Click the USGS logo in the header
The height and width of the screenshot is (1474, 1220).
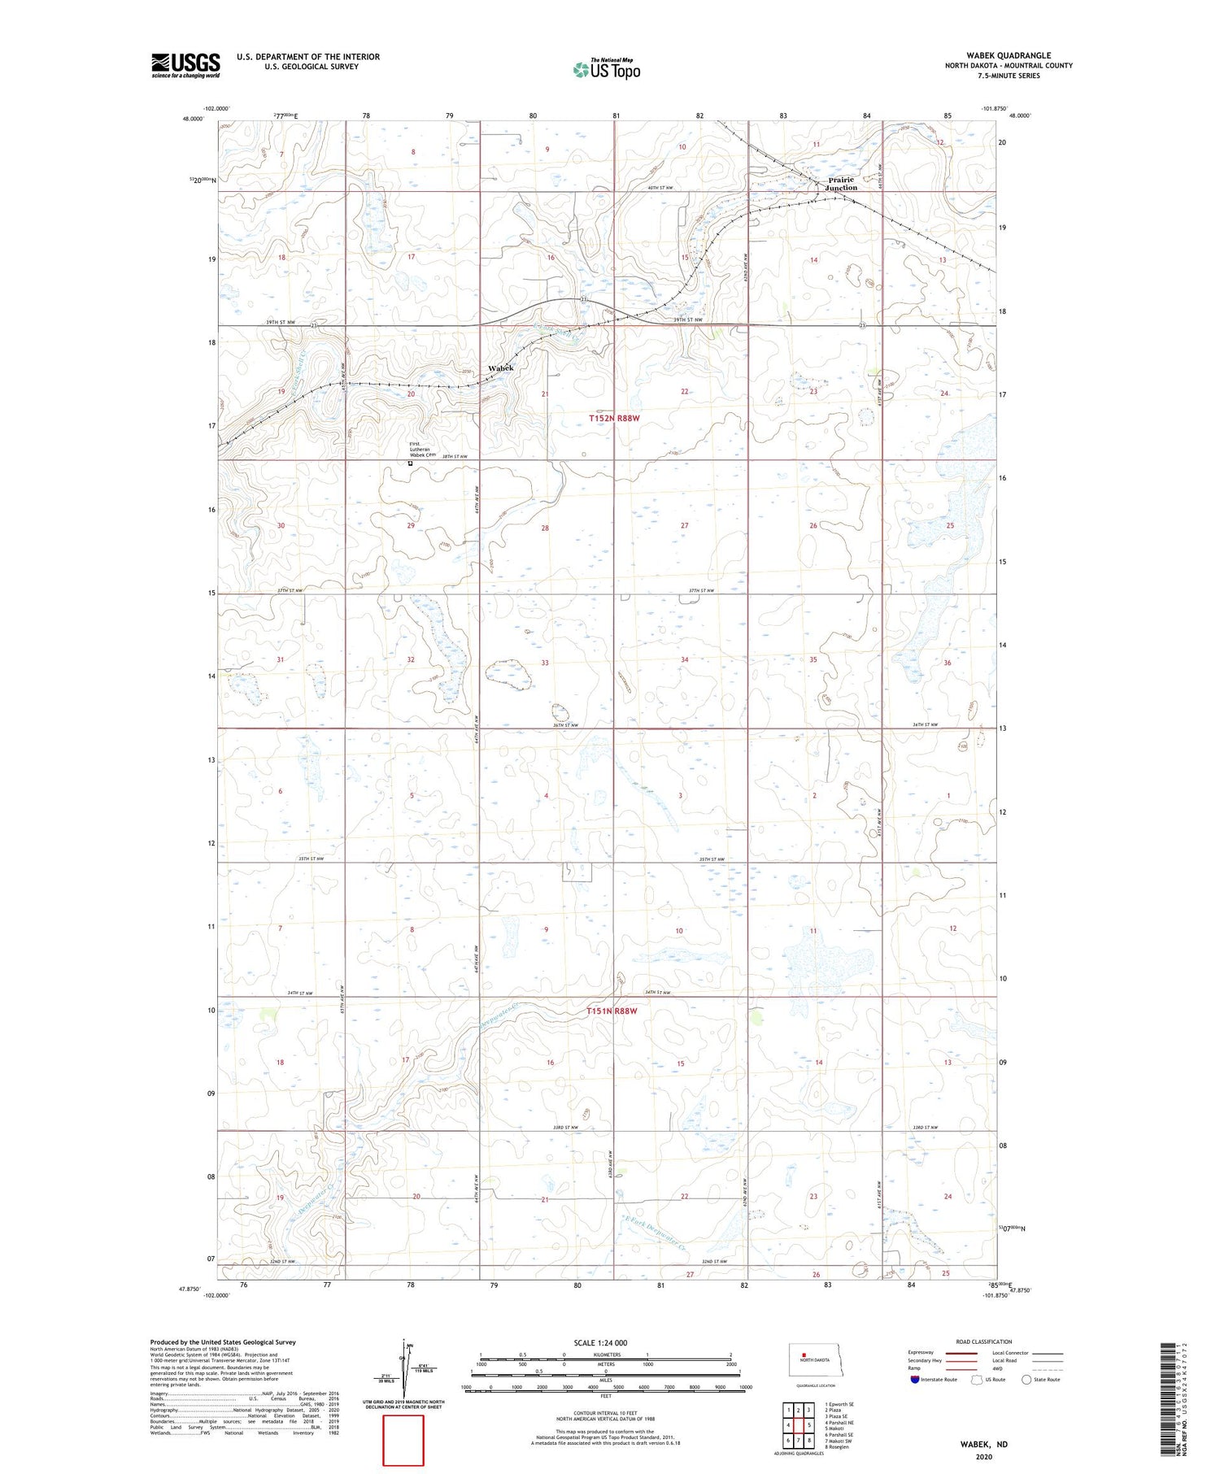click(185, 65)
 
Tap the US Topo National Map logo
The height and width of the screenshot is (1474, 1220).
click(606, 69)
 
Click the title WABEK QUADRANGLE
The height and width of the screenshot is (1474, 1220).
click(1008, 55)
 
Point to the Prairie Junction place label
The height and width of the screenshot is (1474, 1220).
click(841, 184)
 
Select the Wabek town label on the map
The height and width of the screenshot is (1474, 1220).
click(501, 368)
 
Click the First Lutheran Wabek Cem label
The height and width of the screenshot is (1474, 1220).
click(422, 449)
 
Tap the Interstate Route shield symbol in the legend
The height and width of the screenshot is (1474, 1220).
click(915, 1380)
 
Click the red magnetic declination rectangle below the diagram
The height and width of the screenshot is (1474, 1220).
click(403, 1440)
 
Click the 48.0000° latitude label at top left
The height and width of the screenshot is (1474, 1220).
click(194, 118)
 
